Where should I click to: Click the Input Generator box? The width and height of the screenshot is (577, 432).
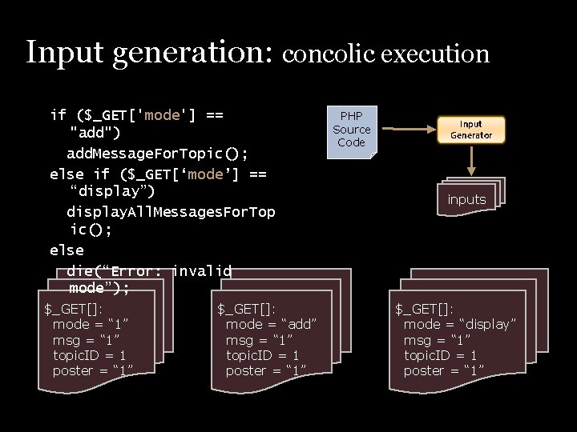click(470, 130)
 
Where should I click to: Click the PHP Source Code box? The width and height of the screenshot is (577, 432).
click(351, 130)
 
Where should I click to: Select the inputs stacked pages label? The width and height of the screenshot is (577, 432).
click(466, 199)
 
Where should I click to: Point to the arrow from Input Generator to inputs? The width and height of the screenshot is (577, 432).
click(471, 160)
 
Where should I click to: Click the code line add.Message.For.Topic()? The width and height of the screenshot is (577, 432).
click(157, 153)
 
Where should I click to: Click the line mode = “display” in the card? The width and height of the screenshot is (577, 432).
click(459, 324)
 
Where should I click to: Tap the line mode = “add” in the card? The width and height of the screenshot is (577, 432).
click(271, 324)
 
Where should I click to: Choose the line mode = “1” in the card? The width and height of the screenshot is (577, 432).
click(91, 324)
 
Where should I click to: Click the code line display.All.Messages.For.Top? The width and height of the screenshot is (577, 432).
click(170, 212)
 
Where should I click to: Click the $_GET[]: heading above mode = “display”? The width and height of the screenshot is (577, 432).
click(424, 309)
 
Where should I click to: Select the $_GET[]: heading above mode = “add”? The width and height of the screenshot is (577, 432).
click(246, 309)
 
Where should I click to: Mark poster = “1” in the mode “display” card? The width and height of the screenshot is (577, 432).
click(443, 370)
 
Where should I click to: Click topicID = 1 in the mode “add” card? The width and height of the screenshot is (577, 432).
click(262, 355)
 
